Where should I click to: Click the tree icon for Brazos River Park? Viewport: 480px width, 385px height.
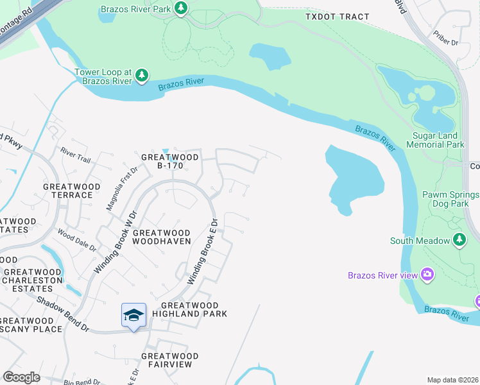click(182, 8)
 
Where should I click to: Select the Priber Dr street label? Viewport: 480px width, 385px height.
click(445, 42)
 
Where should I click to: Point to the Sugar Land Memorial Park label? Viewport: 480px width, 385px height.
click(437, 141)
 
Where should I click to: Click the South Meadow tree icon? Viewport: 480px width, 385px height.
click(459, 240)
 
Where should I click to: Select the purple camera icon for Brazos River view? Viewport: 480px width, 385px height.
click(427, 275)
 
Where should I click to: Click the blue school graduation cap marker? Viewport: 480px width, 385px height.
click(133, 315)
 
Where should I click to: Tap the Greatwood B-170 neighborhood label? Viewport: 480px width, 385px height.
click(162, 160)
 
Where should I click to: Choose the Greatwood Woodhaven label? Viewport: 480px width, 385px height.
click(162, 237)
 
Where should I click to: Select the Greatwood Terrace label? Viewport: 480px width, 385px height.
click(71, 191)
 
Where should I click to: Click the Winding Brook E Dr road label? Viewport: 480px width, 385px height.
click(203, 251)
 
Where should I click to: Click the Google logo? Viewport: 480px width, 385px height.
click(21, 377)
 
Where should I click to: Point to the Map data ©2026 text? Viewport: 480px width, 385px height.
click(453, 380)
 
